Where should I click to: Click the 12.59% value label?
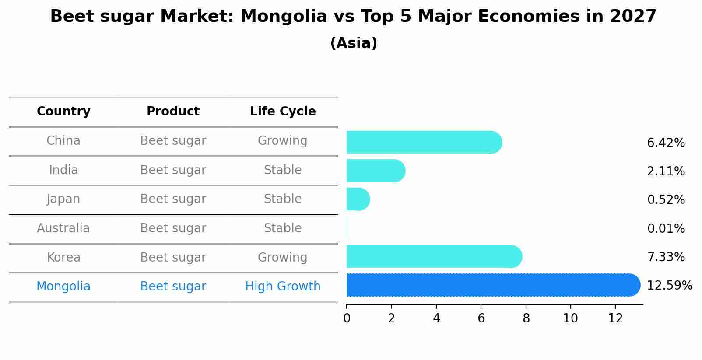(669, 286)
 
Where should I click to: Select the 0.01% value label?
(666, 228)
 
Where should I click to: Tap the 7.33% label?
(666, 257)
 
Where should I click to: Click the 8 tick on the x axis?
(526, 318)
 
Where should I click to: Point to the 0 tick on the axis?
(347, 318)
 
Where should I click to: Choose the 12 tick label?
(615, 318)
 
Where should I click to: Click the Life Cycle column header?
(283, 112)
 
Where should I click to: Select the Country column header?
(63, 112)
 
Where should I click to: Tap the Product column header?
(173, 112)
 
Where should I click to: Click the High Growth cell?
(283, 287)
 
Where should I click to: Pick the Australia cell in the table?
(63, 228)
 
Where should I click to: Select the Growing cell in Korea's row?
(283, 257)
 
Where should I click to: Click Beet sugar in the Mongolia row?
(173, 287)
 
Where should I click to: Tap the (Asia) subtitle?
(354, 43)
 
